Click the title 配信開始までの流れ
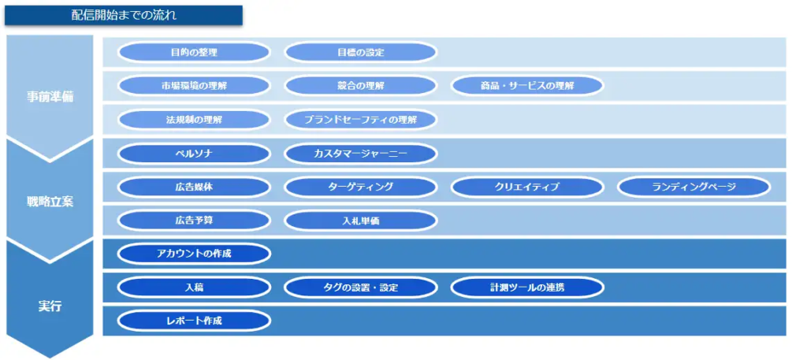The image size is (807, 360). point(124,15)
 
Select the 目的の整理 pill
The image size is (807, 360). point(194,53)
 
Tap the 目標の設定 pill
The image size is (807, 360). point(361,53)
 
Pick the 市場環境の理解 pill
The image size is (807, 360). point(194,86)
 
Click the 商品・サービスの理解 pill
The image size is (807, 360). point(527,86)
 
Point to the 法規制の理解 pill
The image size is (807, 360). point(194,120)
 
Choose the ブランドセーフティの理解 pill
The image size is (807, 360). point(361,120)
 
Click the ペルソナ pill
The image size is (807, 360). point(194,154)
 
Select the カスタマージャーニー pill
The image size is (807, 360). point(361,154)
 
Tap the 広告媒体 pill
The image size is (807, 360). point(194,187)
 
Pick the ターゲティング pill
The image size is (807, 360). point(361,187)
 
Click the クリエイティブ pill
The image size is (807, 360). point(527,187)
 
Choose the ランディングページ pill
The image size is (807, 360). point(694,187)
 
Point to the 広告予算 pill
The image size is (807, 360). point(194,221)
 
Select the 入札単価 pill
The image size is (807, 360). point(361,221)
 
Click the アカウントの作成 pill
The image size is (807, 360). point(194,254)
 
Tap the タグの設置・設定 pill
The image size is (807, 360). point(361,288)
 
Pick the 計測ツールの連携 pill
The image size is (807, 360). point(527,288)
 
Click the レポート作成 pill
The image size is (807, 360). point(194,321)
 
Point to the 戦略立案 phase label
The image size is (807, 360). point(50,202)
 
